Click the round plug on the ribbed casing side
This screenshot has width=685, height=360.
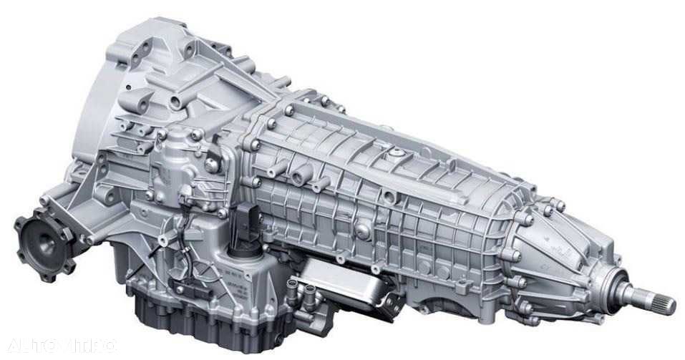pyautogui.click(x=364, y=231)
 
